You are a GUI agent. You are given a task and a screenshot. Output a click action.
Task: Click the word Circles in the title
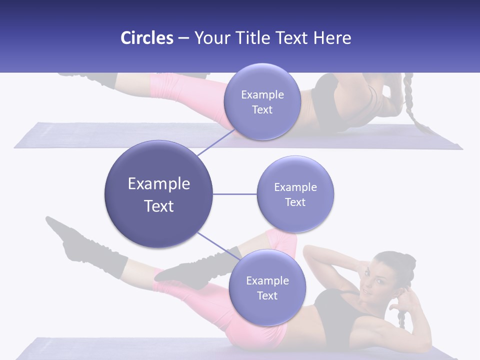[x=146, y=38]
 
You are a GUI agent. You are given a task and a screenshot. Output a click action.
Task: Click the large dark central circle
[x=158, y=194]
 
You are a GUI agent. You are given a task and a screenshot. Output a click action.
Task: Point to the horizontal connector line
[x=234, y=194]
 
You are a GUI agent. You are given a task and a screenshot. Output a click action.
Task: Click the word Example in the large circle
[x=158, y=183]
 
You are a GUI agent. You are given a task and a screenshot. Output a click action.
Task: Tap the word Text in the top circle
[x=262, y=109]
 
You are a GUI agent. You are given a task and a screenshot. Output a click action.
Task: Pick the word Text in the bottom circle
[x=267, y=295]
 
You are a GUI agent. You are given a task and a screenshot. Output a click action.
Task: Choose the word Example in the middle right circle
[x=295, y=187]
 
